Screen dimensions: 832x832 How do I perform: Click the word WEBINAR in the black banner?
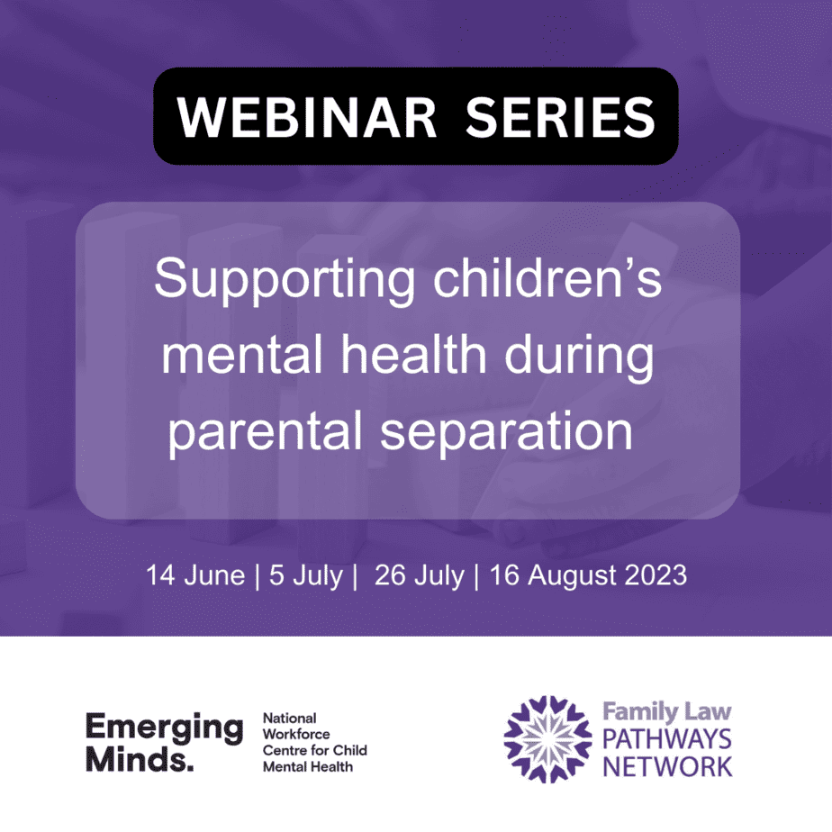(307, 117)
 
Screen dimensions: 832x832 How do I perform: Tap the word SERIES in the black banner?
(560, 117)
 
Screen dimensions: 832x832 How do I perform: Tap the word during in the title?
(579, 357)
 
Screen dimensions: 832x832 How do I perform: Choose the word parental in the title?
(265, 432)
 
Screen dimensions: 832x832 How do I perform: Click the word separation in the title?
(506, 432)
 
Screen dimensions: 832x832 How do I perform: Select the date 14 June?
(195, 575)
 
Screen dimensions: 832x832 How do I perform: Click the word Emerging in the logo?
(165, 728)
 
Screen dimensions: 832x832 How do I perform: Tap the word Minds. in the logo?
(140, 759)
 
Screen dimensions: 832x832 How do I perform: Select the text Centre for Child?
(314, 750)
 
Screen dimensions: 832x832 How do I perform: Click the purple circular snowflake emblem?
(547, 739)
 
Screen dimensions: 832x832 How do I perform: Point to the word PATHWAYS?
(667, 739)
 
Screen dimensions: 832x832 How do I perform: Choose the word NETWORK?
(667, 767)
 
